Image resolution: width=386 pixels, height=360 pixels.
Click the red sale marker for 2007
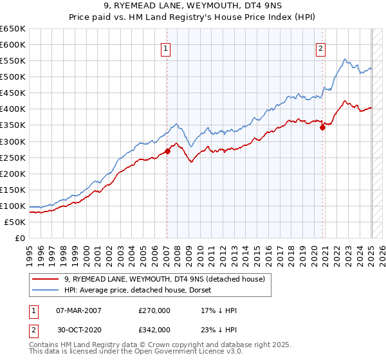167,151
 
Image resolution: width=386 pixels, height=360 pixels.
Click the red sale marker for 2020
323,127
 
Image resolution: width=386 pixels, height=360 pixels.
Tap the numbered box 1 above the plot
166,48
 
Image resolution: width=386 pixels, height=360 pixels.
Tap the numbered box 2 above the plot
320,48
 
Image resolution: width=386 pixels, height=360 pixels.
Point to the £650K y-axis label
13,29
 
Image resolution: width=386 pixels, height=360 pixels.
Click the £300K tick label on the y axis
13,141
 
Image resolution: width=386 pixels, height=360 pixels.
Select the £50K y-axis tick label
15,222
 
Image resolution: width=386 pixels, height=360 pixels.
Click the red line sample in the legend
46,278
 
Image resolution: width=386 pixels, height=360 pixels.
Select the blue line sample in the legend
46,290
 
